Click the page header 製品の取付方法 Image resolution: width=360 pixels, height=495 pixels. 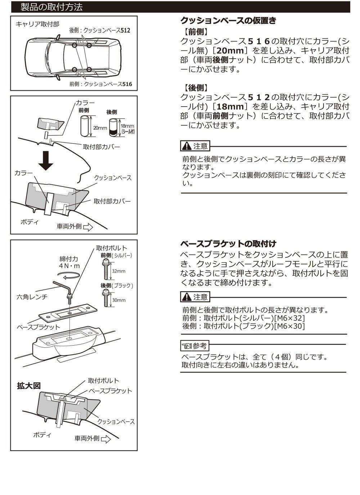coord(52,7)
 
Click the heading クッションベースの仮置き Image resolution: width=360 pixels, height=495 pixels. coord(228,21)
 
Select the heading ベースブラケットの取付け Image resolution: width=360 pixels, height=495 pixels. coord(228,244)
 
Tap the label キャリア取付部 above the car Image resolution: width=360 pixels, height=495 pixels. coord(37,24)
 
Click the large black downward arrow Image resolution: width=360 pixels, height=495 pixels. coord(46,161)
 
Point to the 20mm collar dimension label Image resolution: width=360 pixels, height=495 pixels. coord(100,128)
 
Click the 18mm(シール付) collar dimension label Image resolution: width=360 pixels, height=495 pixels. coord(127,129)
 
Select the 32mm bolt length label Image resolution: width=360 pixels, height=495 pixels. coord(118,271)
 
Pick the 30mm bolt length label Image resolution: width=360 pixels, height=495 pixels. coord(119,300)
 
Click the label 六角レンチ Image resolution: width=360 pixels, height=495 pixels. coord(32,297)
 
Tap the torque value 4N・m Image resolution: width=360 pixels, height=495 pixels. coord(69,266)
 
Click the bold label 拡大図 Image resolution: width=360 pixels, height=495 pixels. coord(29,386)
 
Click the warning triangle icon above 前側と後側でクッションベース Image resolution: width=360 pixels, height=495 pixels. coord(187,146)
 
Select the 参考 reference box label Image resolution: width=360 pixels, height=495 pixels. coord(194,346)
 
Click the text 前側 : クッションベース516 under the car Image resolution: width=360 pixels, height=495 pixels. coord(101,84)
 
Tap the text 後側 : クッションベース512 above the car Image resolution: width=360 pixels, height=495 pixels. coord(100,30)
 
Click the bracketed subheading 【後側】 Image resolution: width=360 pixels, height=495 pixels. coord(196,88)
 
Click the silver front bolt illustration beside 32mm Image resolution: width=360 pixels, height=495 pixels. coord(106,269)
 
